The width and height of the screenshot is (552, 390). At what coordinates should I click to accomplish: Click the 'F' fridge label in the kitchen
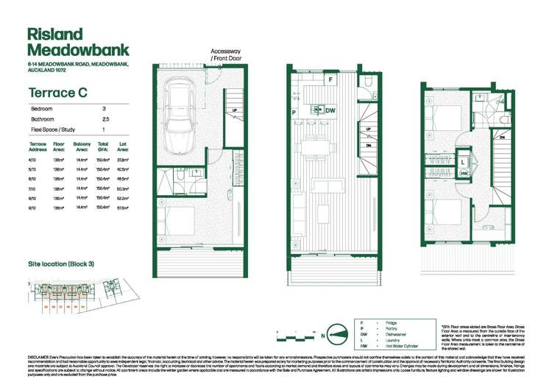tap(330, 79)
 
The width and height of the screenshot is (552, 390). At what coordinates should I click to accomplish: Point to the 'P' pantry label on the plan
tap(293, 112)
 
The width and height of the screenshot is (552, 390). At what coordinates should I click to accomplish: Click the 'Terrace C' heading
tap(54, 93)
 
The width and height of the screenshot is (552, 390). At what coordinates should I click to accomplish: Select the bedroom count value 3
tap(104, 108)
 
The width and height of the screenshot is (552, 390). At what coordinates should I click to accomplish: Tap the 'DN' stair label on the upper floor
tap(501, 136)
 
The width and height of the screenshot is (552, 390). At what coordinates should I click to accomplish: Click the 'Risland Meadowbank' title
tap(69, 42)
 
